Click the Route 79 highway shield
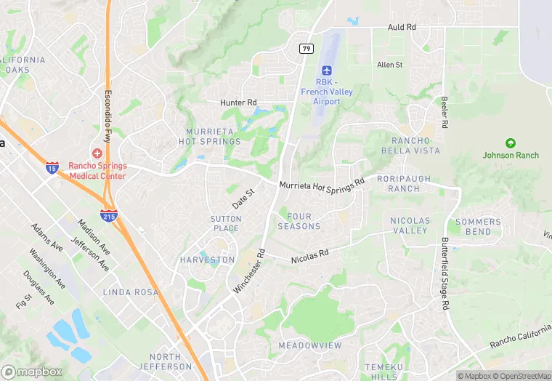click(307, 48)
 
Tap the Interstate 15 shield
click(52, 167)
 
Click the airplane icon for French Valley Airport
click(326, 71)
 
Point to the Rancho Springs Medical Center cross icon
click(97, 152)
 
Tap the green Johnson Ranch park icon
click(511, 143)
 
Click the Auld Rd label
click(402, 27)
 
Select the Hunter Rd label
click(239, 103)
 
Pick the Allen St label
click(389, 65)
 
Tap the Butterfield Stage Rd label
click(445, 273)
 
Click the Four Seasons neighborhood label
click(299, 222)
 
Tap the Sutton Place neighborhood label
click(224, 224)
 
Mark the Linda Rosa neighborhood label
click(131, 292)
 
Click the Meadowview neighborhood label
click(309, 346)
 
